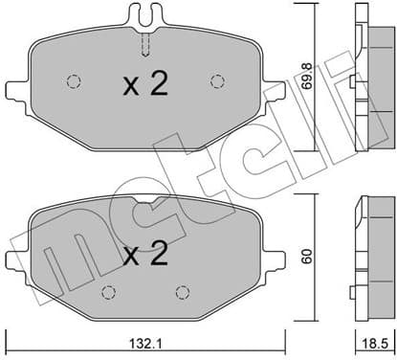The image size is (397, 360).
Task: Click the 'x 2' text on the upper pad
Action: [145, 85]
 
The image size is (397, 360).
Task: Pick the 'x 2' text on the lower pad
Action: [145, 254]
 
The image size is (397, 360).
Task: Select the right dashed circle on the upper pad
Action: [216, 80]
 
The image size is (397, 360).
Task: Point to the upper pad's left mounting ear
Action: [15, 91]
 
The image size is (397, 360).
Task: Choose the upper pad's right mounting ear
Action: [276, 91]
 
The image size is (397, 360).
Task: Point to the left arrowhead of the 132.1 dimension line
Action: [10, 332]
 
